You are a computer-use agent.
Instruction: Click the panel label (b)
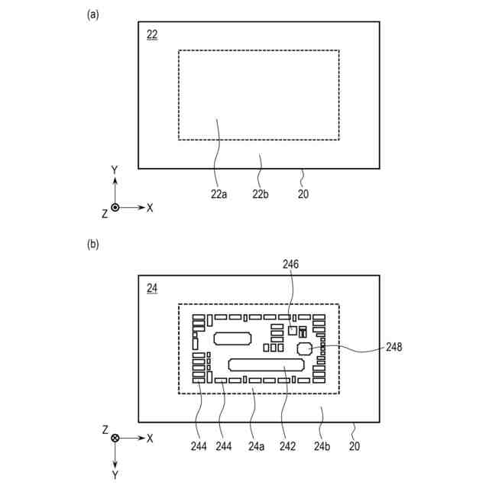click(x=93, y=245)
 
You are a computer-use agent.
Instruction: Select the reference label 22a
click(x=219, y=194)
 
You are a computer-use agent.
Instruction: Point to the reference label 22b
click(x=261, y=194)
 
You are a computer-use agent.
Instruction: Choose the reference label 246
click(x=290, y=265)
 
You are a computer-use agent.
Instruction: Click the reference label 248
click(x=393, y=346)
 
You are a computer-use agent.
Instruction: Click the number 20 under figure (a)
click(x=303, y=194)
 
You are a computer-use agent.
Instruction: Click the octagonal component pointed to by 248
click(x=305, y=348)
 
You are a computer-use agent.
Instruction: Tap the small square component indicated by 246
click(x=293, y=330)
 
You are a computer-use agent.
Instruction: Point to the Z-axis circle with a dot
click(x=115, y=207)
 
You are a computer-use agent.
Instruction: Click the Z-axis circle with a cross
click(x=115, y=438)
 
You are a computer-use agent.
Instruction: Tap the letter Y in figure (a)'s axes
click(x=115, y=170)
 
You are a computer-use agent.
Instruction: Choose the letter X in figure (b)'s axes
click(x=150, y=438)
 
